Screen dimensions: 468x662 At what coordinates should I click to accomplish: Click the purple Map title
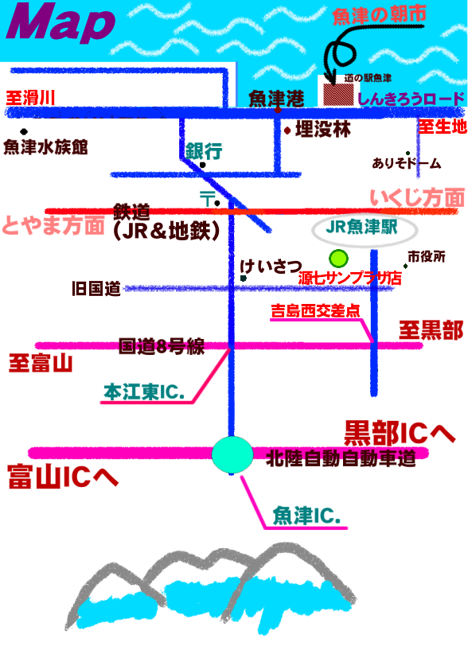tap(60, 22)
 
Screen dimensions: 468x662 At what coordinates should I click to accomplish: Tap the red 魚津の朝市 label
tap(379, 16)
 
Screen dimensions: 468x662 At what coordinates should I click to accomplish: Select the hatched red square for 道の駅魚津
tap(338, 94)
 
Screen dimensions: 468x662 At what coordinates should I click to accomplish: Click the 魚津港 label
tap(276, 99)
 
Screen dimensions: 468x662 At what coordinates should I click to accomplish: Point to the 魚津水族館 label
tap(45, 147)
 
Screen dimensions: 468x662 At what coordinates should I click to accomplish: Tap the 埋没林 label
tap(323, 129)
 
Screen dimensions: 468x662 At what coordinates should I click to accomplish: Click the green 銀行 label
tap(204, 151)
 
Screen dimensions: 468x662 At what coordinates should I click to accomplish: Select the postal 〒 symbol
tap(207, 198)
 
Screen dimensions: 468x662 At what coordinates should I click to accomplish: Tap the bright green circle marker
tap(338, 259)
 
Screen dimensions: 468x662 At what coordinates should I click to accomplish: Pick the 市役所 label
tap(426, 256)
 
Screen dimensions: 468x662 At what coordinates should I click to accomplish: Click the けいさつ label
tap(271, 267)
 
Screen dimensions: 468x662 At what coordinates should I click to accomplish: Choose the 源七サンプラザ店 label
tap(349, 278)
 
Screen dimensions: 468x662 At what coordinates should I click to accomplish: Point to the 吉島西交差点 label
tap(315, 311)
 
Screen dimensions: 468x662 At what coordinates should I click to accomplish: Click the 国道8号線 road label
tap(162, 346)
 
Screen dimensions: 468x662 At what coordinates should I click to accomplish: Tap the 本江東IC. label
tap(144, 392)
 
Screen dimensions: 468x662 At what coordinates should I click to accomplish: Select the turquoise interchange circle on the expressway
tap(232, 454)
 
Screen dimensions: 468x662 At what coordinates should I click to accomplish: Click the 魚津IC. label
tap(306, 516)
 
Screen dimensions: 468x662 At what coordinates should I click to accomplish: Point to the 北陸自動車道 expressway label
tap(341, 458)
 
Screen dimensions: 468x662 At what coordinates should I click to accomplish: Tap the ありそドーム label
tap(407, 163)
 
